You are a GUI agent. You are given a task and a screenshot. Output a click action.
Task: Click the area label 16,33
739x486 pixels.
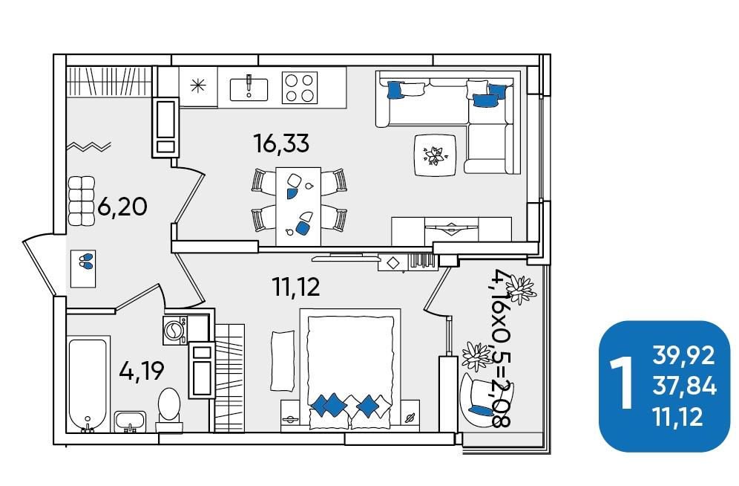281,143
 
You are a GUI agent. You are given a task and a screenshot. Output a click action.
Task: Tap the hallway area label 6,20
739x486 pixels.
122,207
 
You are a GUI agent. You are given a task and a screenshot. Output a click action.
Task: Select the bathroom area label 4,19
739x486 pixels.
142,371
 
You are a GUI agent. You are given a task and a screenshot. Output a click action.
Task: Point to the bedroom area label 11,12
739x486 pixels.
296,286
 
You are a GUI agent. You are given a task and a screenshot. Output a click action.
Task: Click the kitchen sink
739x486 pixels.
249,88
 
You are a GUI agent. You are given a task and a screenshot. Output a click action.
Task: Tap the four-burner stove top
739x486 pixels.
300,87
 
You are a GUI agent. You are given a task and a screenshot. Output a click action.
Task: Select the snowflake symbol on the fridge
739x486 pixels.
198,86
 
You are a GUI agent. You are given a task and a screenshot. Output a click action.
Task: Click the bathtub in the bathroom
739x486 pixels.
88,384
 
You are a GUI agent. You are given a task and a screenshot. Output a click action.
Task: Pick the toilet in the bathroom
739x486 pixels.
169,409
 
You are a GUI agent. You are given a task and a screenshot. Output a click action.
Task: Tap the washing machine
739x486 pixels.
175,329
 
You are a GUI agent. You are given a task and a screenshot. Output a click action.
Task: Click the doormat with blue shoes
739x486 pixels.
83,268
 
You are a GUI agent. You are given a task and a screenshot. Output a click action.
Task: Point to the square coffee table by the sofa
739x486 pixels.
435,155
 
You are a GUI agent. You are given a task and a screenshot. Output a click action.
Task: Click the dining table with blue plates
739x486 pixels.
298,206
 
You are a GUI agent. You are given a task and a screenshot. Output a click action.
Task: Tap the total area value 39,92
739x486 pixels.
683,356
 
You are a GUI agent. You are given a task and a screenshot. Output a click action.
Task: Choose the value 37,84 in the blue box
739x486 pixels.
684,387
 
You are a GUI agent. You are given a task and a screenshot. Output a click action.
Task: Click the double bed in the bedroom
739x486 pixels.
350,369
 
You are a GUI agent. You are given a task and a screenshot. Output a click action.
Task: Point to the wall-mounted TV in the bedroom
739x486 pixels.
346,258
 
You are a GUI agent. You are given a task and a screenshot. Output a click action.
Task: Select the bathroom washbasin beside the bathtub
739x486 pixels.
130,421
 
